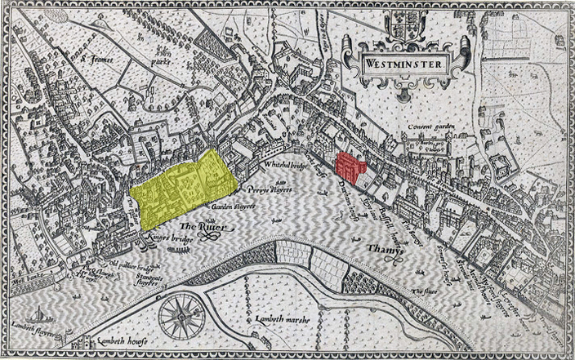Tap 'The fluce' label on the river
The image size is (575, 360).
tap(426, 291)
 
